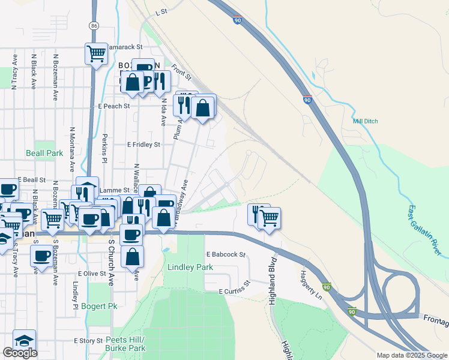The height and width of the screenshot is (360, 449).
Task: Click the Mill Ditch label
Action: click(366, 121)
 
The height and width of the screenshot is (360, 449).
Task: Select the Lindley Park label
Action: click(190, 267)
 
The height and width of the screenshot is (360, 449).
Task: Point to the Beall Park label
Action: click(44, 153)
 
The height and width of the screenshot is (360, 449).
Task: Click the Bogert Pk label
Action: click(100, 306)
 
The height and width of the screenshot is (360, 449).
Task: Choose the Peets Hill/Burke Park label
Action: click(125, 344)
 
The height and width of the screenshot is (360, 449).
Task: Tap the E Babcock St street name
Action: click(226, 254)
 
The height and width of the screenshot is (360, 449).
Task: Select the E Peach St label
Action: click(114, 106)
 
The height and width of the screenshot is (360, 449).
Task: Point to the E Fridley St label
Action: click(143, 145)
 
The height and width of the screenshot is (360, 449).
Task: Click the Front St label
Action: click(181, 73)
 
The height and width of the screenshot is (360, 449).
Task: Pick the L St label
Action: click(160, 11)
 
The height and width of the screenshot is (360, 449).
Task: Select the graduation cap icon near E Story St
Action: click(24, 340)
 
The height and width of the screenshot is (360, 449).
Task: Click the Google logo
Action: click(20, 353)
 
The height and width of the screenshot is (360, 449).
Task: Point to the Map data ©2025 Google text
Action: click(411, 355)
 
